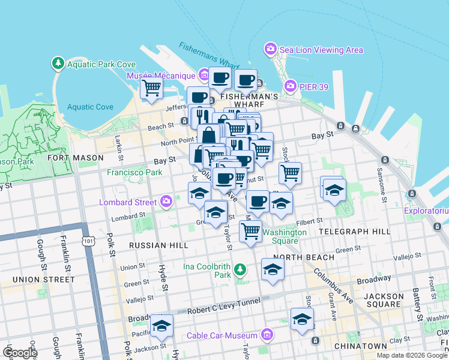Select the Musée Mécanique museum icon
203,76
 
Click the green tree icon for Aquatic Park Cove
58,63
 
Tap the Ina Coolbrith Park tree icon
240,269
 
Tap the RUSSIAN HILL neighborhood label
159,245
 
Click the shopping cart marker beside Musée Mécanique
152,88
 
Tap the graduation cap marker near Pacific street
161,325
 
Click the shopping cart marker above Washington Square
250,231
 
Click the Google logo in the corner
20,353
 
